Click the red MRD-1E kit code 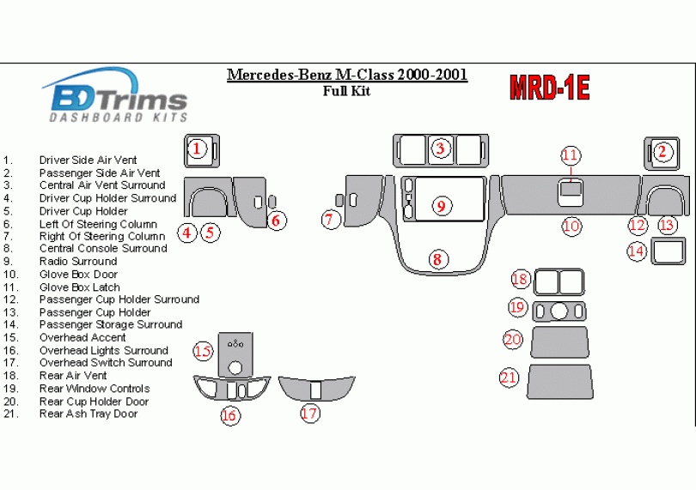pyautogui.click(x=549, y=87)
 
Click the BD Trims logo pyautogui.click(x=115, y=95)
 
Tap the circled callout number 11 pyautogui.click(x=570, y=155)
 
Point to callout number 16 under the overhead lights pyautogui.click(x=229, y=415)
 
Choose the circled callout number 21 pyautogui.click(x=509, y=378)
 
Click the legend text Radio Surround pyautogui.click(x=78, y=262)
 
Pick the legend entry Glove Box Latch pyautogui.click(x=80, y=287)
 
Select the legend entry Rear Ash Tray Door pyautogui.click(x=89, y=414)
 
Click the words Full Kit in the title pyautogui.click(x=347, y=92)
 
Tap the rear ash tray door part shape pyautogui.click(x=559, y=382)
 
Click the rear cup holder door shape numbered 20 pyautogui.click(x=559, y=342)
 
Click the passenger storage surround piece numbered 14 pyautogui.click(x=669, y=252)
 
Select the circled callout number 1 pyautogui.click(x=197, y=149)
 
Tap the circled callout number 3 pyautogui.click(x=441, y=149)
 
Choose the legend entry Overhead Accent pyautogui.click(x=82, y=337)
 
